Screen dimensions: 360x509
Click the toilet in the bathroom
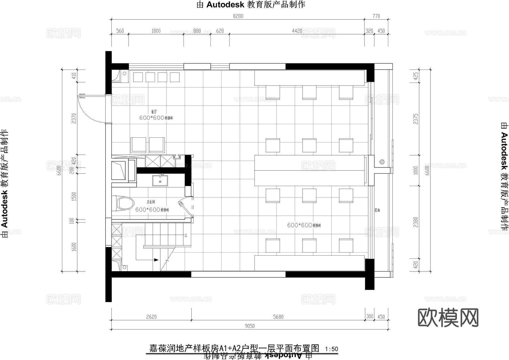(x=124, y=203)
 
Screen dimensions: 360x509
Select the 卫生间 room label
(x=151, y=202)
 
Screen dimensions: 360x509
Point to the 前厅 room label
(x=154, y=112)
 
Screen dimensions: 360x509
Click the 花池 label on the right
(x=377, y=210)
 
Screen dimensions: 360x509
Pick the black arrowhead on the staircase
(x=156, y=260)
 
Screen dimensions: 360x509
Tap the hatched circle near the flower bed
(x=382, y=162)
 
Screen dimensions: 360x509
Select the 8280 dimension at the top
(x=238, y=16)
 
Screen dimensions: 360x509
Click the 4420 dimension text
(x=297, y=31)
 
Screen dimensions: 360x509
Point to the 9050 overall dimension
(x=250, y=326)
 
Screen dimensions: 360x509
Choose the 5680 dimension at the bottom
(x=278, y=317)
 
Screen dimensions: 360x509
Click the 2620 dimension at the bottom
(x=151, y=317)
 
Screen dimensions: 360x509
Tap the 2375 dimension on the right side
(x=415, y=119)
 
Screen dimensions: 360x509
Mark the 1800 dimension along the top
(x=156, y=31)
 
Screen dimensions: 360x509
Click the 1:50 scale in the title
(x=332, y=349)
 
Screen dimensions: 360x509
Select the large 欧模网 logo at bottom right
(x=448, y=318)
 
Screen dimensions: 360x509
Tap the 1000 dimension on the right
(x=415, y=171)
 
